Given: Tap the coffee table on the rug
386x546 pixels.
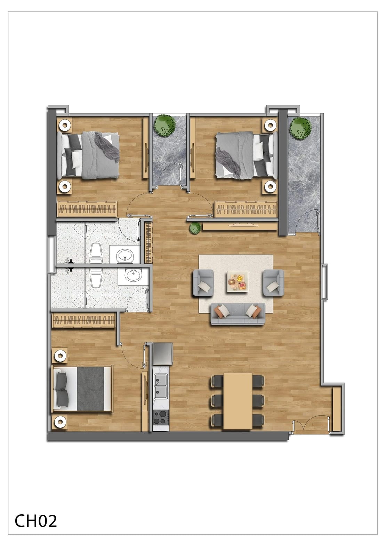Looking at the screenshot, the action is (x=238, y=281).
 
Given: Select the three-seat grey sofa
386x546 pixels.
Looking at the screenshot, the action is (x=238, y=314).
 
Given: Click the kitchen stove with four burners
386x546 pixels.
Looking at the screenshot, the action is (x=161, y=417).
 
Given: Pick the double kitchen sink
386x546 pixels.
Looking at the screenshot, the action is (x=161, y=386).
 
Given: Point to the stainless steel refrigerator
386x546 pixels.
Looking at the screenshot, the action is (x=163, y=354).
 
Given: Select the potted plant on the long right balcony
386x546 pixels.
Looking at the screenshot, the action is (x=300, y=128).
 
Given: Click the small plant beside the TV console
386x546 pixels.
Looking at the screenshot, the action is (x=194, y=228).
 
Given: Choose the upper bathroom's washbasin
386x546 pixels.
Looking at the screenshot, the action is (x=125, y=255).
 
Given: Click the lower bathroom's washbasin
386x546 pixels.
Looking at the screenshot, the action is (x=133, y=275).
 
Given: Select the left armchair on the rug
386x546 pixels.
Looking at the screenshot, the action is (x=203, y=282).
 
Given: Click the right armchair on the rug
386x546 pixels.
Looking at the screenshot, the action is (x=273, y=282).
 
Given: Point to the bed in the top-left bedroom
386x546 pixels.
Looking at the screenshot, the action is (x=88, y=155).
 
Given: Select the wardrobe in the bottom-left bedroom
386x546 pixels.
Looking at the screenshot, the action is (x=83, y=321).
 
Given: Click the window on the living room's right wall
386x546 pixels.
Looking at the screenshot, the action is (x=324, y=281).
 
